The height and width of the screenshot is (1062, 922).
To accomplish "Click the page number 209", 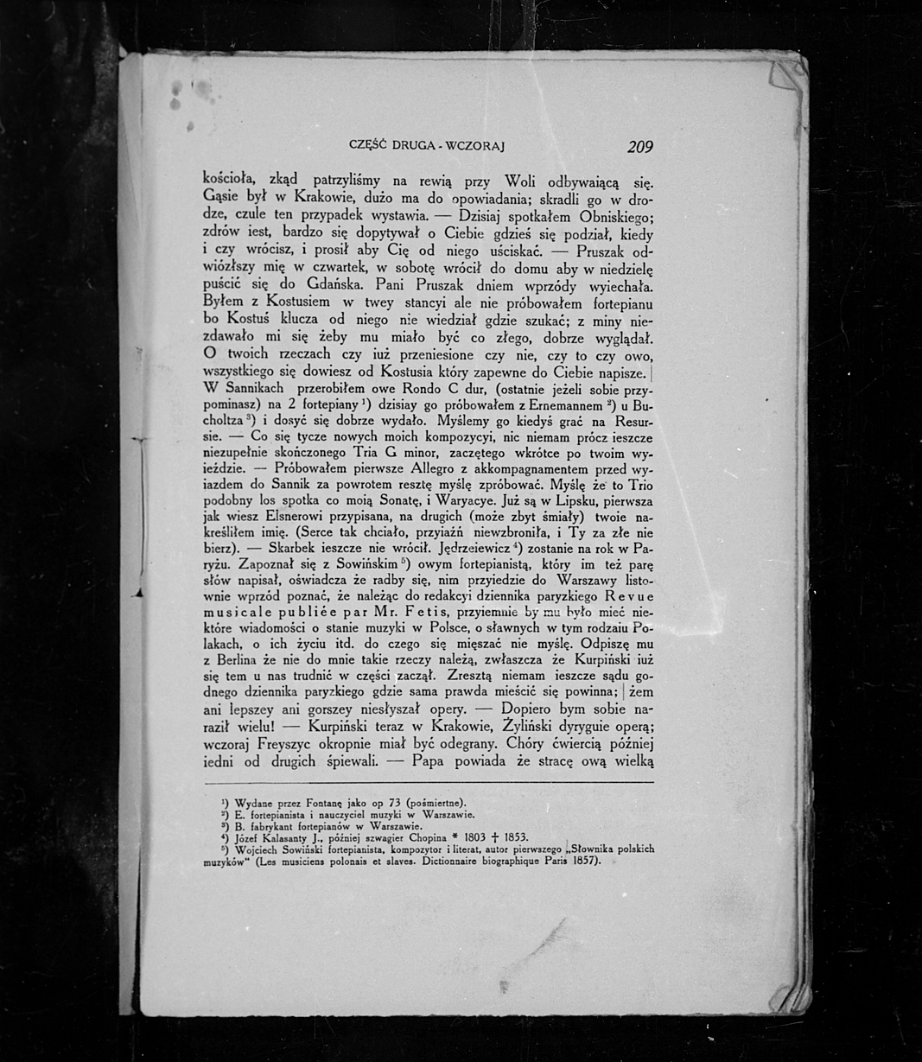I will coord(639,147).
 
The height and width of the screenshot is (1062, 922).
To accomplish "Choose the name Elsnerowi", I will coord(289,517).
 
